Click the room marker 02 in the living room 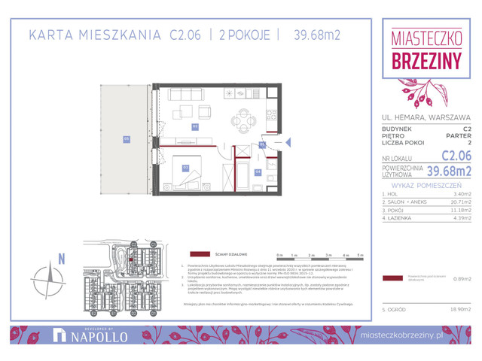[194, 127]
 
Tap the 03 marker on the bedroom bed [185, 167]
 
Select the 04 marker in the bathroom [258, 172]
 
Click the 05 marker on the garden [127, 138]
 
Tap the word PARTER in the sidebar [459, 136]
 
